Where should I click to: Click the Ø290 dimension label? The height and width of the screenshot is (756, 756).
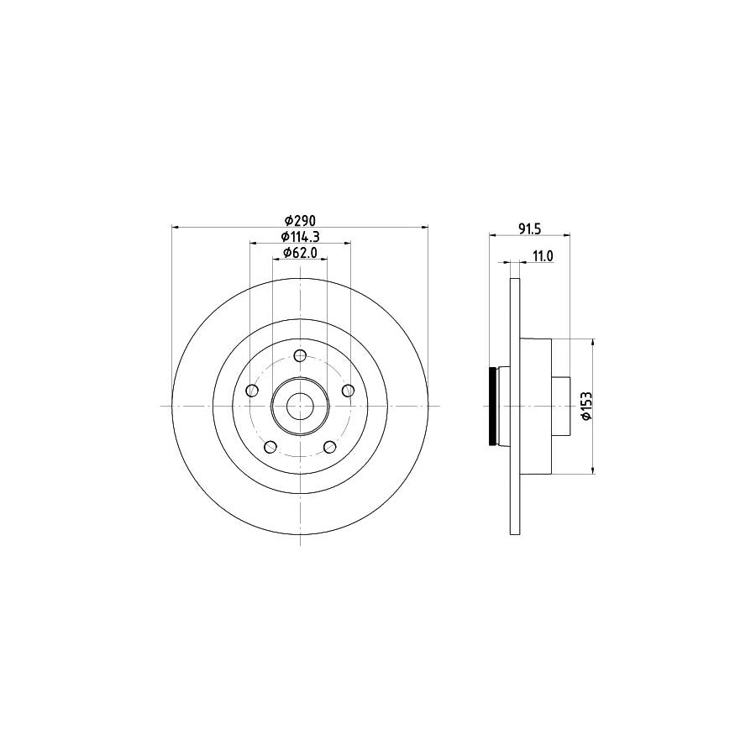point(299,218)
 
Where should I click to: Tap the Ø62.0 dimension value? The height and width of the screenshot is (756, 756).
point(299,251)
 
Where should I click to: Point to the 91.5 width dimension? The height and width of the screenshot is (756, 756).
point(528,226)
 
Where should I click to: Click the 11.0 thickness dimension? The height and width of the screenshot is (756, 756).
point(543,257)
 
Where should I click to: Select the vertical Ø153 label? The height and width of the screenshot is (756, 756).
point(601,407)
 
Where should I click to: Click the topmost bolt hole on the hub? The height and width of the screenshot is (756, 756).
point(300,357)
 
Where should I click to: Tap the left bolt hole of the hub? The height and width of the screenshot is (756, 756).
point(252,391)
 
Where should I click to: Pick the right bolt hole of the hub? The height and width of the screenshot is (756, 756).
point(348,391)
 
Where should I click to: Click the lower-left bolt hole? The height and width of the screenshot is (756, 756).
point(270,447)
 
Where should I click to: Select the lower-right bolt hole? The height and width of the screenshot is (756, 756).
point(329,447)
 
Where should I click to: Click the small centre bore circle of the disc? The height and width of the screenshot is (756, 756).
point(300,407)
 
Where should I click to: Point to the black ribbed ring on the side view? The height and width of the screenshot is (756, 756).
point(493,407)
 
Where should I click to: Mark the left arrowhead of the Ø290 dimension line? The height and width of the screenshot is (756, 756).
point(174,226)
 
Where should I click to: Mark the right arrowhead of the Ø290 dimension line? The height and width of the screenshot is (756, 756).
point(426,226)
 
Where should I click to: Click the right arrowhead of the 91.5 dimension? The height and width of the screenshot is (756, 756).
point(568,234)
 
